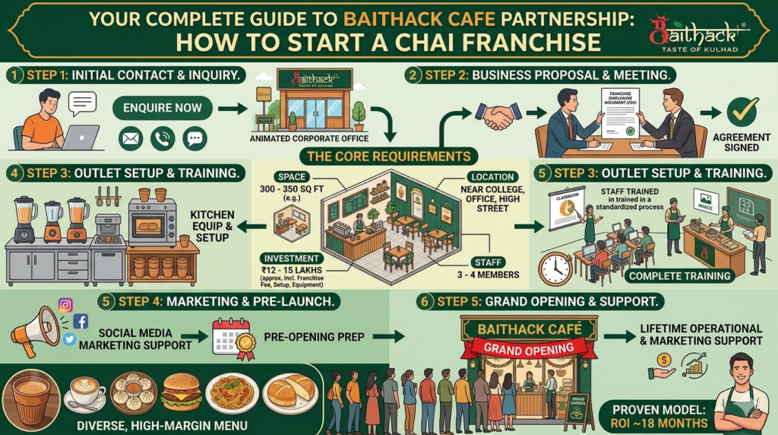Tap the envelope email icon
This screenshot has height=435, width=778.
pos(131,138)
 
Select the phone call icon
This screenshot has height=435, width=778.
pos(163,138)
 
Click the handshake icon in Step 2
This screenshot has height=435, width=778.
pos(498,115)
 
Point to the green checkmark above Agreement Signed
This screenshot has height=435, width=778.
pos(742,112)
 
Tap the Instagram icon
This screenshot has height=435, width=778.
pos(65,305)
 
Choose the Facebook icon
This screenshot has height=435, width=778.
pos(81,321)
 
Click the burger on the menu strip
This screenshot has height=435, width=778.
pos(182,391)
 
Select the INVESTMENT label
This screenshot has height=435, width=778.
pos(290,259)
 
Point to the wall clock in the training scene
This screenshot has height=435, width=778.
pos(555,268)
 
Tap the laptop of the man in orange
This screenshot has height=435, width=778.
pos(81,137)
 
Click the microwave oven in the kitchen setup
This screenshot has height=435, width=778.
pos(152,223)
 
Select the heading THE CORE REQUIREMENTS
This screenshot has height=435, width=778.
pos(387,157)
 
